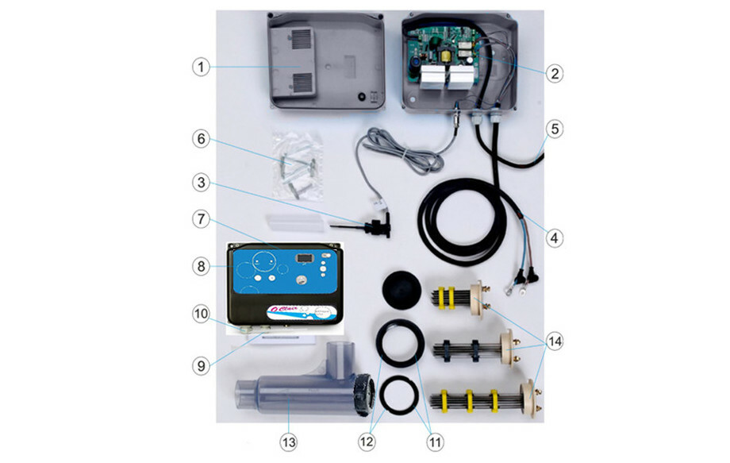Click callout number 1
click(202, 68)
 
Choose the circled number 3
click(202, 183)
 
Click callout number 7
click(202, 218)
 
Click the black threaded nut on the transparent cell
click(364, 394)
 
